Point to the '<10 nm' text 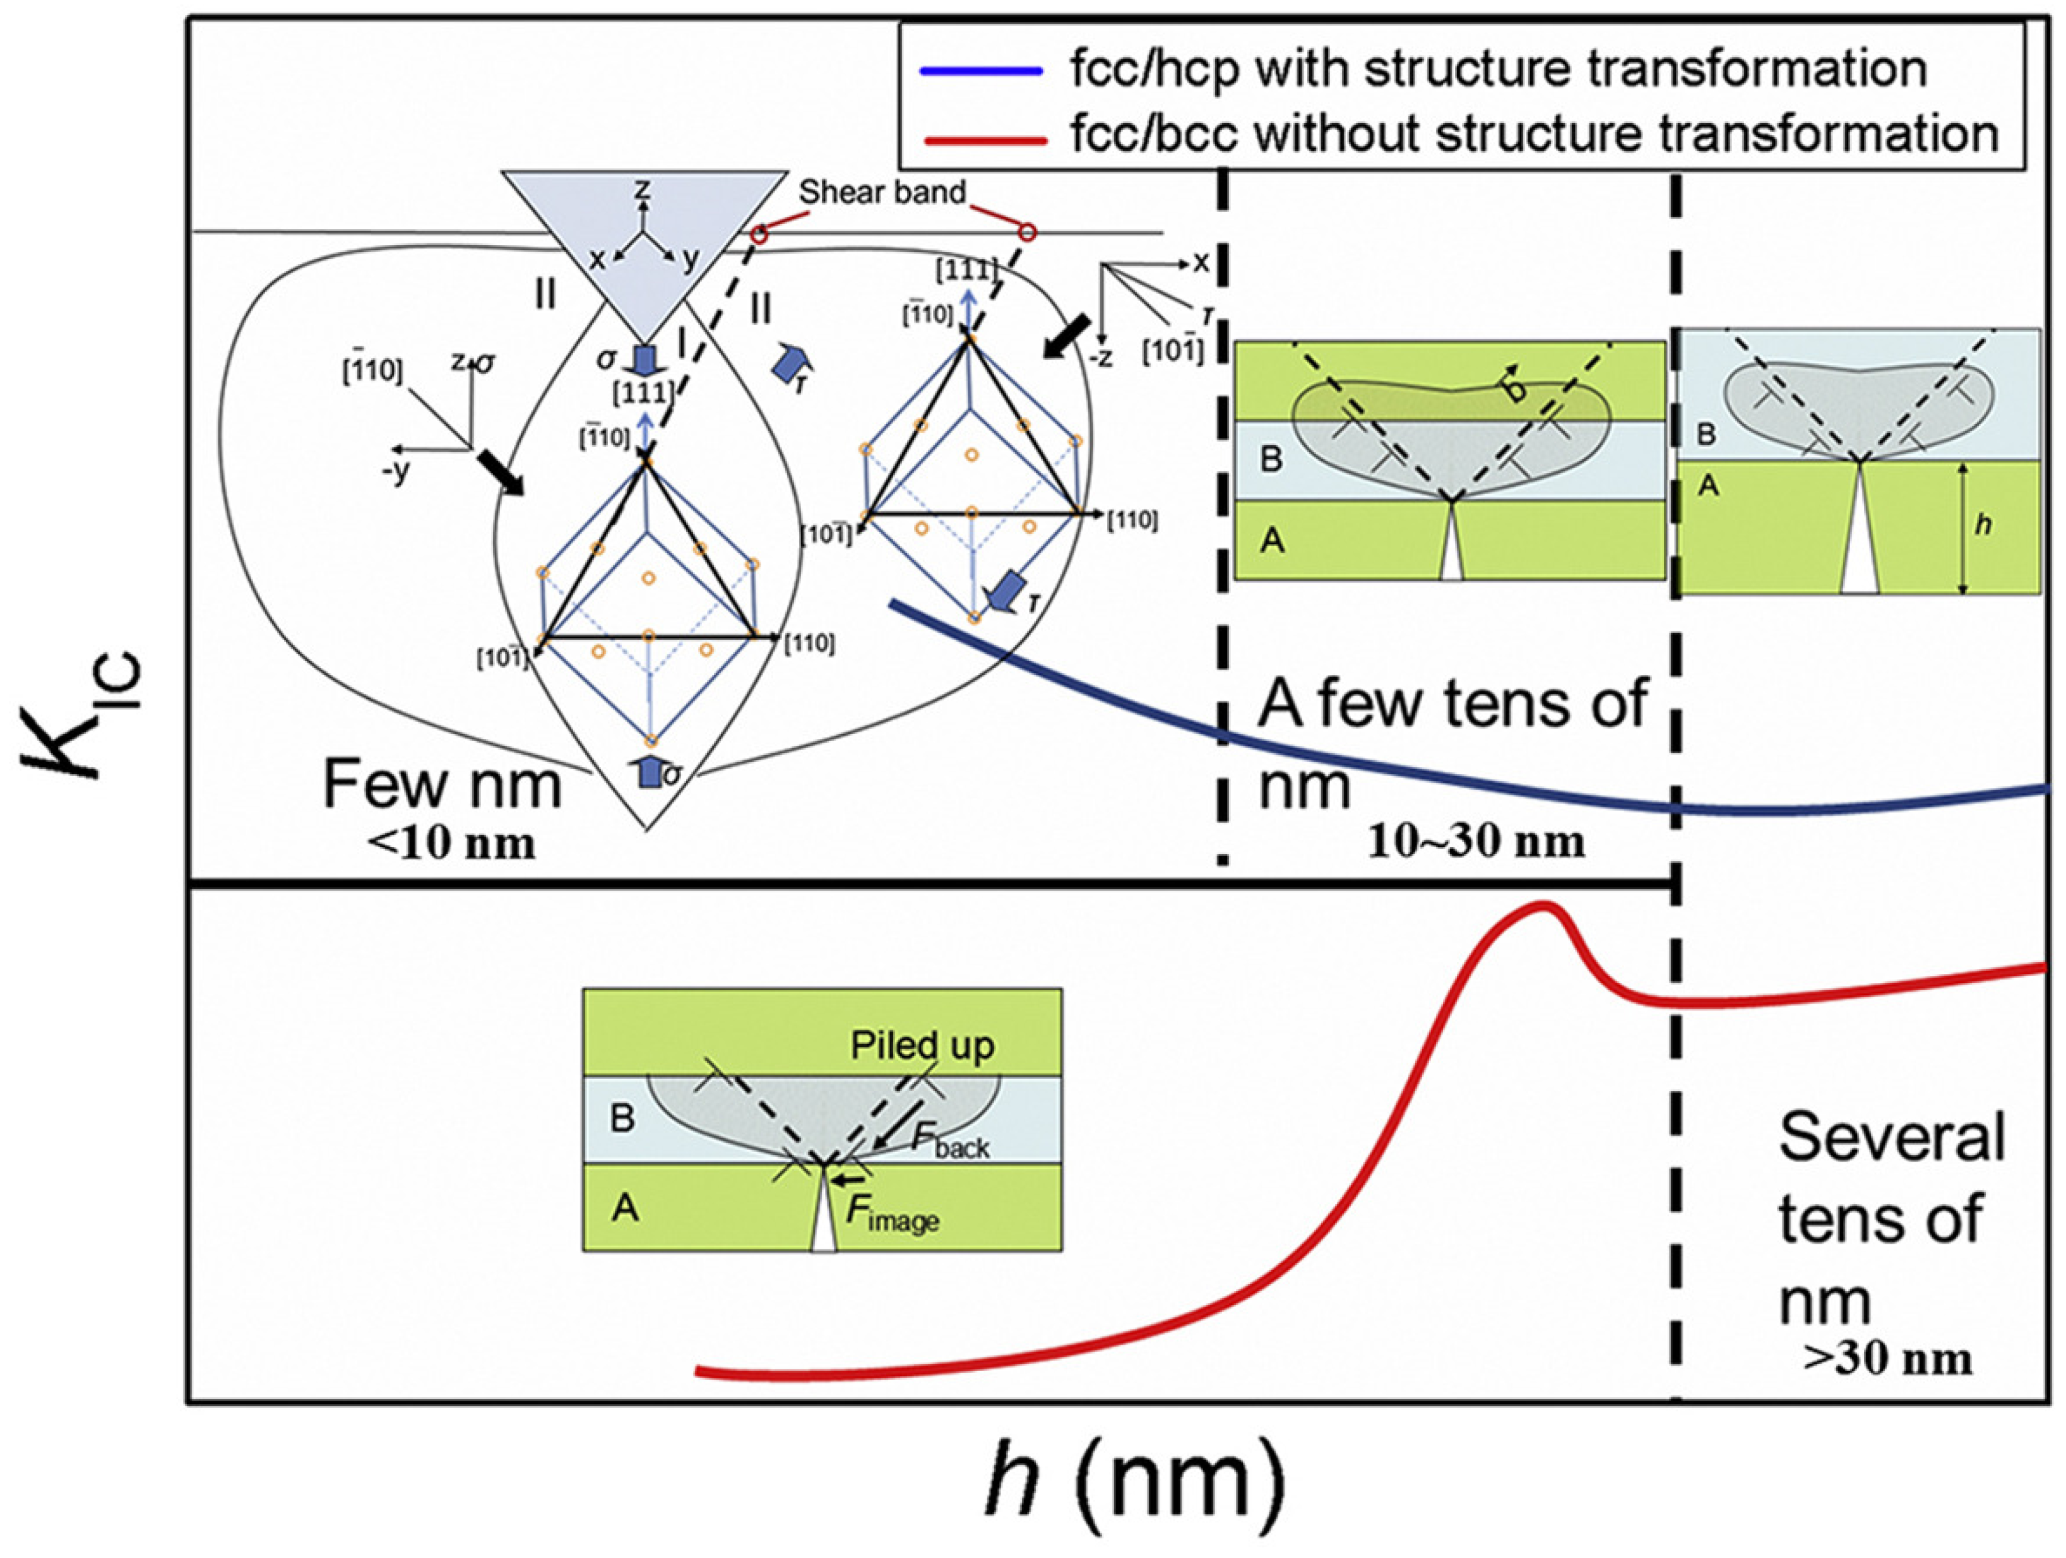(452, 845)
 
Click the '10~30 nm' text (1476, 843)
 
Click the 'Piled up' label (922, 1045)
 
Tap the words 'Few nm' (442, 787)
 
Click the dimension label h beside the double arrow (1984, 525)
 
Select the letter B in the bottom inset (622, 1118)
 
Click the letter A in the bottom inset (625, 1209)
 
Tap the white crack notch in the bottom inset (823, 1231)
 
